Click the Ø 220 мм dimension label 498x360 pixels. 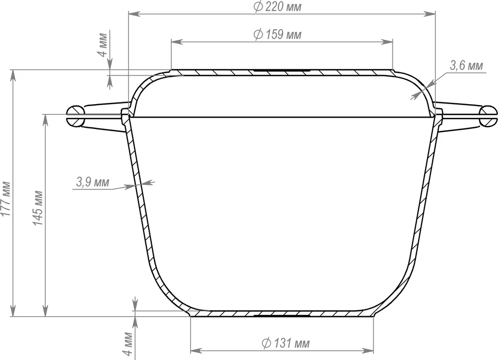coord(278,7)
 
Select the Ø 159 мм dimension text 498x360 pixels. coord(278,35)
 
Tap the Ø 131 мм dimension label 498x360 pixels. coord(285,343)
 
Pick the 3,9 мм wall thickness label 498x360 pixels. coord(92,183)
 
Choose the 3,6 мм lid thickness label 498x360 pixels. coord(466,66)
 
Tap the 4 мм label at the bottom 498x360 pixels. coord(128,344)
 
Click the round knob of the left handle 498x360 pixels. coord(76,116)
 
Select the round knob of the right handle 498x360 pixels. coord(488,116)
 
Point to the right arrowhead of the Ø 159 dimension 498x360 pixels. coord(389,42)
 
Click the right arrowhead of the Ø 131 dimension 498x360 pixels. coord(371,350)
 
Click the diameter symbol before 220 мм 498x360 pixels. coord(258,7)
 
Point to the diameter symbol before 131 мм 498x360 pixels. coord(266,343)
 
